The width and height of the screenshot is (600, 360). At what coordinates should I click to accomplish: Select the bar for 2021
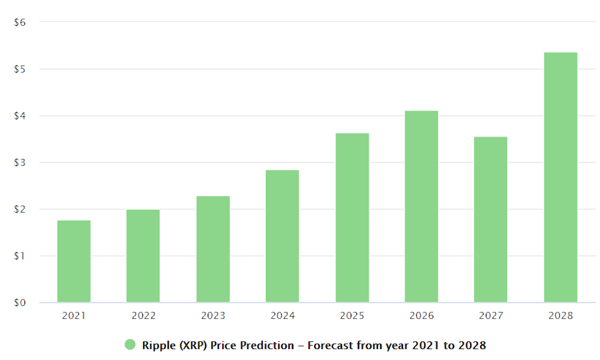pyautogui.click(x=74, y=261)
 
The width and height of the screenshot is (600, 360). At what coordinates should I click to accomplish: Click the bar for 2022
pyautogui.click(x=143, y=256)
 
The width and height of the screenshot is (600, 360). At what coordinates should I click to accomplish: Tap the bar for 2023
pyautogui.click(x=213, y=249)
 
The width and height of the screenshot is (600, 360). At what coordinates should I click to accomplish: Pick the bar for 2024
pyautogui.click(x=282, y=236)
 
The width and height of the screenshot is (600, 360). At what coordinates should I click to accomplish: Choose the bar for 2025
pyautogui.click(x=352, y=217)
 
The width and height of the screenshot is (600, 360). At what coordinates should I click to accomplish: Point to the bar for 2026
pyautogui.click(x=421, y=206)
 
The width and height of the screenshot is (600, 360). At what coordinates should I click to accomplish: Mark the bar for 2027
pyautogui.click(x=491, y=219)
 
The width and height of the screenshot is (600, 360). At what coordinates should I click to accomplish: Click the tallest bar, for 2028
pyautogui.click(x=560, y=177)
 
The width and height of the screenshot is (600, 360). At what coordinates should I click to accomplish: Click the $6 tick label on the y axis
pyautogui.click(x=20, y=22)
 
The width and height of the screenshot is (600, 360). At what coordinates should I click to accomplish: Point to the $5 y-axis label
pyautogui.click(x=20, y=69)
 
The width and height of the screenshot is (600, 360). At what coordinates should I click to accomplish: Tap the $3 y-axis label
pyautogui.click(x=20, y=162)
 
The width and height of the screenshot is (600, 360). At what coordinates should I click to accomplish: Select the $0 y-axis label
pyautogui.click(x=20, y=303)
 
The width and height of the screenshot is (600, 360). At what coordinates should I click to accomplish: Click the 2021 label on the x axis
pyautogui.click(x=74, y=315)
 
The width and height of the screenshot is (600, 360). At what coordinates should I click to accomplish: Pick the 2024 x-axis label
pyautogui.click(x=282, y=315)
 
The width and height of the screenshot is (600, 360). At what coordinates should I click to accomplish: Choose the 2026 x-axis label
pyautogui.click(x=421, y=315)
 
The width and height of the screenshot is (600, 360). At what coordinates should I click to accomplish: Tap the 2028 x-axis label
pyautogui.click(x=560, y=315)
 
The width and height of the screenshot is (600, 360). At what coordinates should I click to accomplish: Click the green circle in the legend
pyautogui.click(x=130, y=345)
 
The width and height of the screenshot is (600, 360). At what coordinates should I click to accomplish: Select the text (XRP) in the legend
pyautogui.click(x=196, y=346)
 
